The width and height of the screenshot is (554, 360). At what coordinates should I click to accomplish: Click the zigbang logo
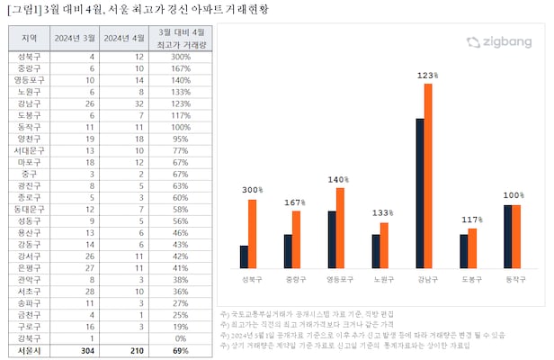tap(499, 41)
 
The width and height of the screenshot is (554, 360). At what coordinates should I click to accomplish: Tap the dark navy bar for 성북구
tap(244, 256)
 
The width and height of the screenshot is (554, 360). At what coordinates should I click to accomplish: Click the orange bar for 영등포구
tap(340, 228)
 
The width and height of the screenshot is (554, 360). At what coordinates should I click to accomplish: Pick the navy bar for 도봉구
tap(463, 251)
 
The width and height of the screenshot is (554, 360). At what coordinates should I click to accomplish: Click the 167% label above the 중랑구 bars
tap(290, 203)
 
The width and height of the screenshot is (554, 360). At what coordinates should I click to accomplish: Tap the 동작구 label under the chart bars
tap(512, 280)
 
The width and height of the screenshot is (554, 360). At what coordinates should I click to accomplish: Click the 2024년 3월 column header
tap(74, 38)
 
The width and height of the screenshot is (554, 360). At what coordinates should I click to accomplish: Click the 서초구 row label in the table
tap(28, 292)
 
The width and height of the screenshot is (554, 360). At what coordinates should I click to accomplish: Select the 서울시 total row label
tap(28, 350)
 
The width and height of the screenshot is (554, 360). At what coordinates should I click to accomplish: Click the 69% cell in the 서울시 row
tap(180, 350)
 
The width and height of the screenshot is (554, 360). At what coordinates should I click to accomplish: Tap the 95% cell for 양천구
tap(180, 139)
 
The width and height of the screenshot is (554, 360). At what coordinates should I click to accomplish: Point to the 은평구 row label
tap(28, 268)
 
